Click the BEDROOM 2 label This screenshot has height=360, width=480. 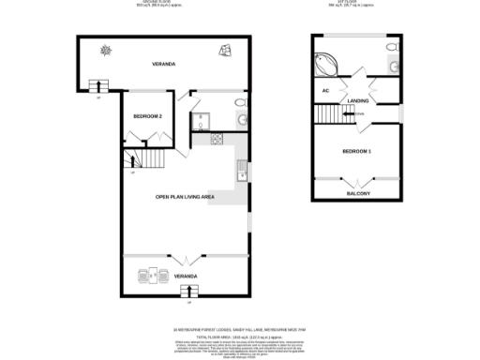[148, 115]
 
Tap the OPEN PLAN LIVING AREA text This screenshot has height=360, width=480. [186, 197]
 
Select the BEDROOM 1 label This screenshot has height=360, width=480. [357, 151]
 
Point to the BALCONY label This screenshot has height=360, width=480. [357, 193]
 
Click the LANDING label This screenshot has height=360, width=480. [357, 99]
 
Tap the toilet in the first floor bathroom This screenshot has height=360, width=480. [391, 67]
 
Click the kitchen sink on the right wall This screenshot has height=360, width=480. [242, 170]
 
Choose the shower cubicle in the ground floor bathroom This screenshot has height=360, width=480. [201, 120]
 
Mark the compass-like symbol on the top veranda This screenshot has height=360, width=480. [106, 50]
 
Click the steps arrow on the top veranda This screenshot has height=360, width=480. [97, 86]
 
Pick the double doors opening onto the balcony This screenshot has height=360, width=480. [357, 179]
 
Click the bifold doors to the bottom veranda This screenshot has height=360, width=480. [186, 257]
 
